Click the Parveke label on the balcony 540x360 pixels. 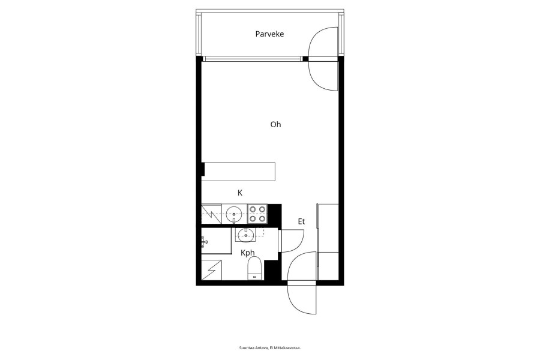click(x=269, y=34)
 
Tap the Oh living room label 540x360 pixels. click(x=275, y=124)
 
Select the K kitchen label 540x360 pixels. click(x=240, y=193)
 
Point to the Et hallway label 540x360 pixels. click(x=301, y=221)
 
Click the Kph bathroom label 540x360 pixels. click(x=248, y=253)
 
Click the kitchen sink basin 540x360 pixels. click(x=234, y=214)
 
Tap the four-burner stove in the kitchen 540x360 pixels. click(x=257, y=214)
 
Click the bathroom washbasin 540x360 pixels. click(x=246, y=236)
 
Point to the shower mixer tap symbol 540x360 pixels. click(x=205, y=242)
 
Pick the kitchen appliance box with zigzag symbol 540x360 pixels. click(x=211, y=214)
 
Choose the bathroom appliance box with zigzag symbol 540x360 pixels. click(x=211, y=270)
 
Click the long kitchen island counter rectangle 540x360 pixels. click(x=238, y=172)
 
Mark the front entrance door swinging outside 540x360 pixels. click(x=301, y=298)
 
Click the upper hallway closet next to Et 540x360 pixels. click(x=328, y=228)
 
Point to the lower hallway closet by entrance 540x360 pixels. click(x=328, y=266)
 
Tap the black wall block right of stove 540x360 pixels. click(x=274, y=214)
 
